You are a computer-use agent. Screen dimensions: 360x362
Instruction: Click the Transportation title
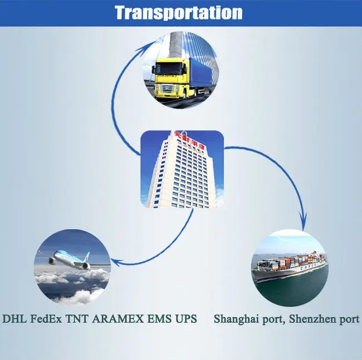click(x=179, y=12)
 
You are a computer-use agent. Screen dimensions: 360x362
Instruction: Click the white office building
click(x=182, y=170)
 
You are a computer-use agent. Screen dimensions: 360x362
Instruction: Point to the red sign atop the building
click(x=181, y=137)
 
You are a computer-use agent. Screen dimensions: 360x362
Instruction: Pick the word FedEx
click(x=47, y=319)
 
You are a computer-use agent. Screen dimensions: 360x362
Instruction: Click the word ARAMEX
click(x=119, y=319)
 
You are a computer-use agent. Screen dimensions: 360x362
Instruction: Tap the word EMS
click(x=159, y=319)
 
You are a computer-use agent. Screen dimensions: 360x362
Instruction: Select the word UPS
click(x=187, y=319)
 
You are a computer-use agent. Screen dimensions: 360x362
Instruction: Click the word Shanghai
click(x=236, y=320)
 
